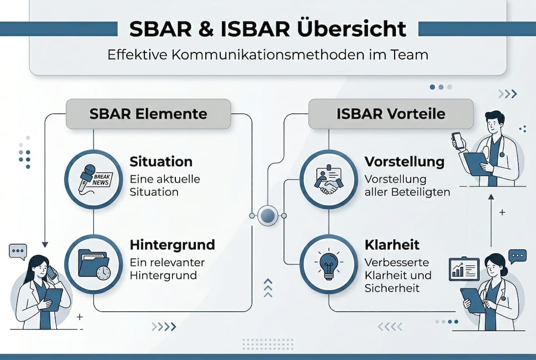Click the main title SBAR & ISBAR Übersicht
point(267,29)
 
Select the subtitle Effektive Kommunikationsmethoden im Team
point(268,54)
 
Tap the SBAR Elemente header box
point(148,114)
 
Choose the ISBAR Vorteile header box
point(391,114)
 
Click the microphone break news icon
point(93,179)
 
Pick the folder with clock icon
point(93,264)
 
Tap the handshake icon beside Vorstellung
point(328,179)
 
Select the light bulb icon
point(328,264)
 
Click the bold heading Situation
point(161,162)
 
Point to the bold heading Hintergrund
point(172,245)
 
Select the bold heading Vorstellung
point(404,162)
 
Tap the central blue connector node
point(268,216)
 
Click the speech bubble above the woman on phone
point(18,251)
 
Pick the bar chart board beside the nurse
point(464,268)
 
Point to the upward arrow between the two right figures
point(491,220)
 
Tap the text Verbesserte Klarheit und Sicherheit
point(398,275)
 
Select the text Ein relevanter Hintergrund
point(167,269)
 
